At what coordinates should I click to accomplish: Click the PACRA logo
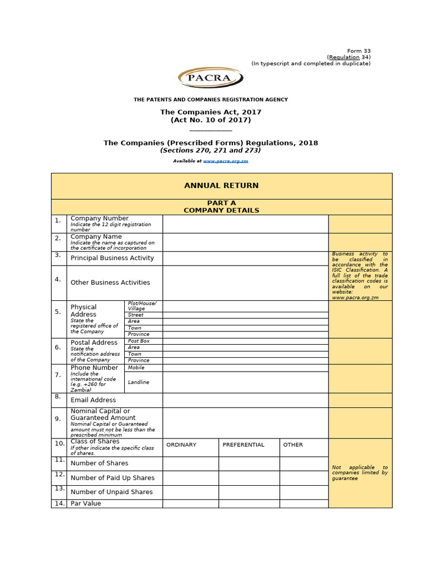coord(210,77)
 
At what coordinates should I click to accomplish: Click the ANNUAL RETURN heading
coord(221,186)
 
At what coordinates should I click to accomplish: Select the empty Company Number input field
coord(245,224)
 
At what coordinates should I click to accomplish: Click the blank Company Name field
coord(245,242)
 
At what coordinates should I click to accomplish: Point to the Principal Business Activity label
coord(112,258)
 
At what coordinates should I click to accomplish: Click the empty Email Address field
coord(245,400)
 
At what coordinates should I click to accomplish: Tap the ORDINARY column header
coord(181,445)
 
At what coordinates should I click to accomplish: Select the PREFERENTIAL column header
coord(243,445)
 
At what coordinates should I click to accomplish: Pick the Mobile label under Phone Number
coord(136,368)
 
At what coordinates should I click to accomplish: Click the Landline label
coord(138,382)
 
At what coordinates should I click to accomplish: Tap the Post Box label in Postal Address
coord(138,341)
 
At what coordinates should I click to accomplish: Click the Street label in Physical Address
coord(136,315)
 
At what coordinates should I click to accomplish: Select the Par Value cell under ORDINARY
coord(190,503)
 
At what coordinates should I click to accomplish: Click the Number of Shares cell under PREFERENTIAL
coord(249,463)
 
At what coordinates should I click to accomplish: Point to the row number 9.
coord(58,419)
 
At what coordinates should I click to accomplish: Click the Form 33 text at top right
coord(359,51)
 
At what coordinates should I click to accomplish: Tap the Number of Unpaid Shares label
coord(112,492)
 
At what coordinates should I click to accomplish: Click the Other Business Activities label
coord(110,283)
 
